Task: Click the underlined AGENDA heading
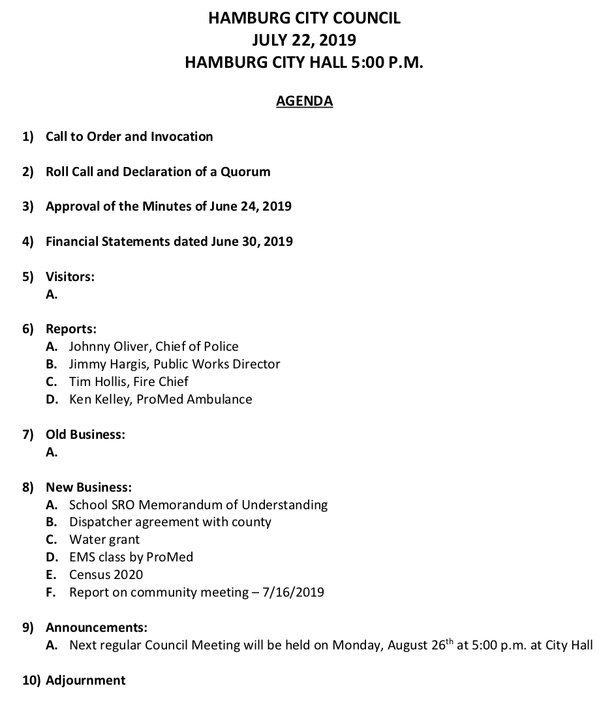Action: click(x=305, y=101)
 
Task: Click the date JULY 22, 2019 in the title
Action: click(x=304, y=40)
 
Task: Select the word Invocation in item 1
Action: click(x=182, y=137)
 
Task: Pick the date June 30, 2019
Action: click(x=252, y=242)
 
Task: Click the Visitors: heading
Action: click(x=70, y=276)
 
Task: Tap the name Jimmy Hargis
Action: click(x=109, y=364)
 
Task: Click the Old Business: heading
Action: click(x=85, y=434)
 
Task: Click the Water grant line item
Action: click(x=104, y=540)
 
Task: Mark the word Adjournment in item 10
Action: click(x=85, y=681)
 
